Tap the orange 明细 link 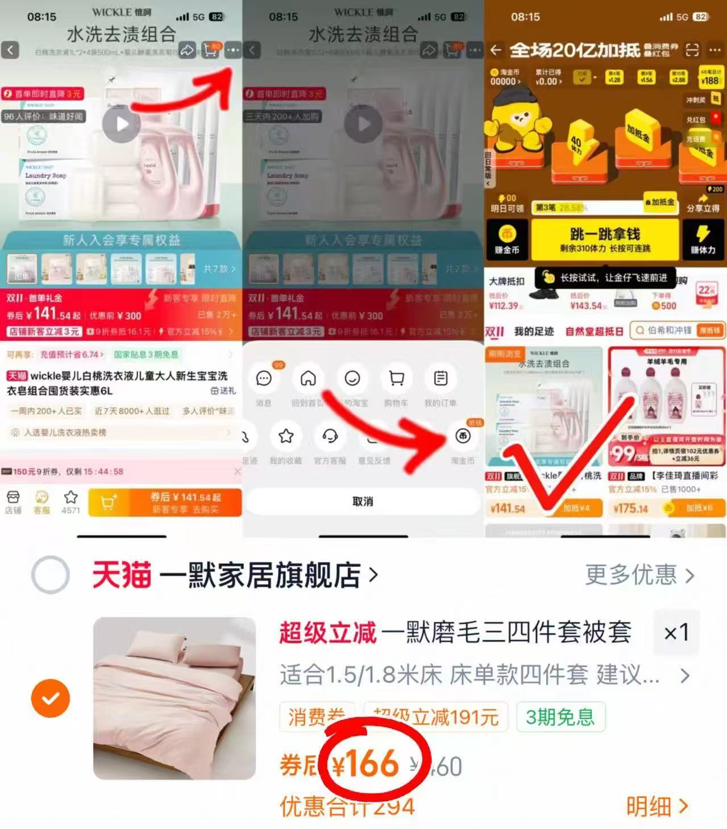657,806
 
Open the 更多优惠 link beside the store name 639,575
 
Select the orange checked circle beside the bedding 51,698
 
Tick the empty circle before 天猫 51,575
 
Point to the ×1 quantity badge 676,632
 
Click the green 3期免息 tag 560,717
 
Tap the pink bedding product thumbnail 175,698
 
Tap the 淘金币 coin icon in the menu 463,437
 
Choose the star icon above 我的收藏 286,437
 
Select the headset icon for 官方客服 330,437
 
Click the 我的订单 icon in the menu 441,379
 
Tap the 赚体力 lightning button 703,239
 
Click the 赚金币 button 506,239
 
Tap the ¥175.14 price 630,508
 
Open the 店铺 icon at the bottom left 13,502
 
